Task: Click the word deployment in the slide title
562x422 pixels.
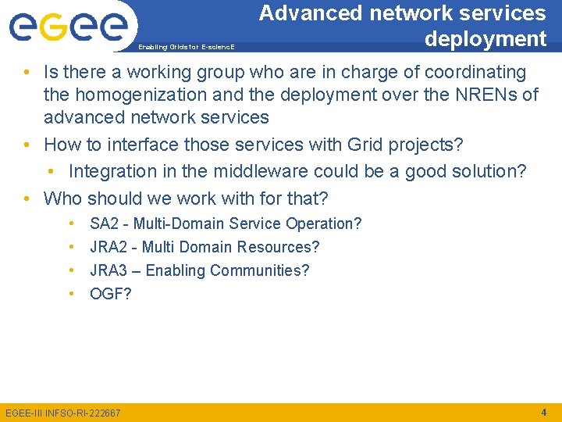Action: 485,38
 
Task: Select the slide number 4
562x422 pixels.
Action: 543,411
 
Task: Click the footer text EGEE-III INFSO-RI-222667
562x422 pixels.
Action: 63,413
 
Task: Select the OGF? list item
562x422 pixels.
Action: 111,294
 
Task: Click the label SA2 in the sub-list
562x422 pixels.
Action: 105,224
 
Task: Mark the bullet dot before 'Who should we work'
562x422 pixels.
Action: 27,198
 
